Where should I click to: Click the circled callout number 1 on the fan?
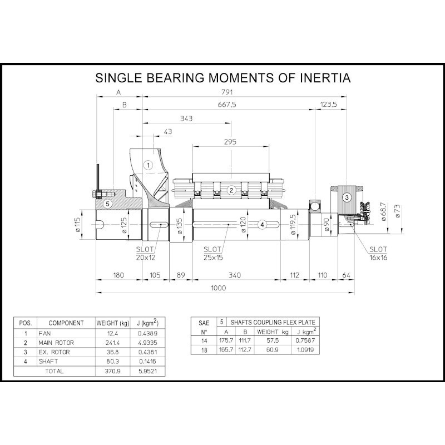148,165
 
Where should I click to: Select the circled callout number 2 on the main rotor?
231,190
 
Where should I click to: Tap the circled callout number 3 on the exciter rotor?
347,197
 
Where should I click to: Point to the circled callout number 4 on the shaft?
262,225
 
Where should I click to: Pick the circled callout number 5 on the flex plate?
107,204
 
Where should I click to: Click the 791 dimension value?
227,92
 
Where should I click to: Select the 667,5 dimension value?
227,105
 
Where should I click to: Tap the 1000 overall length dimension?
218,288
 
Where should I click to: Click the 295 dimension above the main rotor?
230,142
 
